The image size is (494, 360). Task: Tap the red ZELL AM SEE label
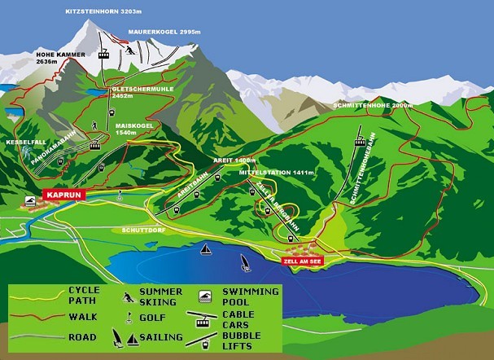[x=301, y=262]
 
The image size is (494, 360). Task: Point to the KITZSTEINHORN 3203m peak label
[x=104, y=12]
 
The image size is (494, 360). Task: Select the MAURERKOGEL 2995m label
[x=164, y=32]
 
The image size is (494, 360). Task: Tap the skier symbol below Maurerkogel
[x=129, y=50]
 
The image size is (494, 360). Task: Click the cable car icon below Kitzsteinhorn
[x=104, y=55]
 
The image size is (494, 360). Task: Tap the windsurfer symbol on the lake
[x=243, y=263]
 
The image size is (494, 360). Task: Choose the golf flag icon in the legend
[x=129, y=317]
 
